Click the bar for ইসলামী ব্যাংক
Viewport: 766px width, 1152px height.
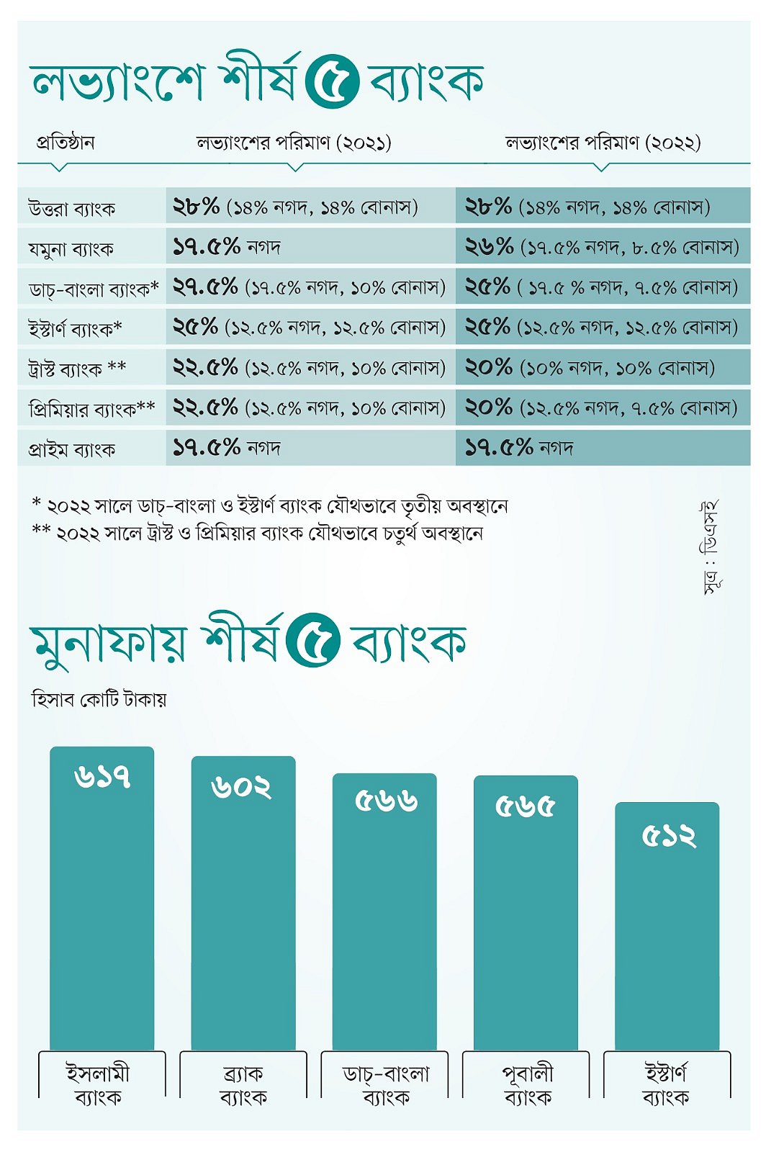click(x=102, y=900)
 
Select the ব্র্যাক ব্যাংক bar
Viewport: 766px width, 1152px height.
click(x=243, y=904)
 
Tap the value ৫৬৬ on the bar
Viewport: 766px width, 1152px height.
click(x=386, y=801)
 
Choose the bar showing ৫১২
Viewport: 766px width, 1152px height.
click(x=667, y=929)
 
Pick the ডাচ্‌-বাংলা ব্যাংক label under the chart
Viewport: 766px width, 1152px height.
click(x=385, y=1085)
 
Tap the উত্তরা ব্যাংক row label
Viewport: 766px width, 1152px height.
click(x=71, y=209)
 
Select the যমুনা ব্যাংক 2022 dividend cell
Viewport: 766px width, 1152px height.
click(x=602, y=247)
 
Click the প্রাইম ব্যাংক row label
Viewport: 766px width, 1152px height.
click(x=71, y=449)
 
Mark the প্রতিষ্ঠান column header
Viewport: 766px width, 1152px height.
click(x=66, y=143)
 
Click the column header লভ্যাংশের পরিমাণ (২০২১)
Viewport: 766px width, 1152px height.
click(x=294, y=143)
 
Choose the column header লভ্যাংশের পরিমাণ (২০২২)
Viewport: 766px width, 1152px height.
click(x=603, y=143)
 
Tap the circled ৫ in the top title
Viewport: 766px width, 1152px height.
click(x=332, y=81)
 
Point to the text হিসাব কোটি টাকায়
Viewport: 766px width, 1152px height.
click(x=99, y=699)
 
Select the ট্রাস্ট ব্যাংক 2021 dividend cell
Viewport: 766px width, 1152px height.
click(x=309, y=368)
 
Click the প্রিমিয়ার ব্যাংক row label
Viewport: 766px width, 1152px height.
click(x=91, y=409)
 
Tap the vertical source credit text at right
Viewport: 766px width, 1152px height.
click(x=711, y=548)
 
